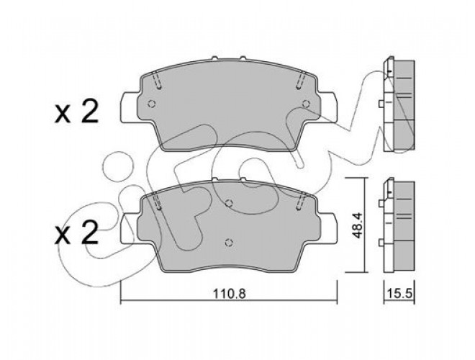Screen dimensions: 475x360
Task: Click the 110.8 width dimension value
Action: (x=229, y=293)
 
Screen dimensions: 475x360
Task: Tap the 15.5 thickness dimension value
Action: (x=400, y=293)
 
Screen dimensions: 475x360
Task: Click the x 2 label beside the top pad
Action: (x=76, y=112)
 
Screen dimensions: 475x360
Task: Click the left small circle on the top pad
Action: (x=152, y=104)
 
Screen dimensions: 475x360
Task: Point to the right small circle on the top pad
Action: (x=307, y=104)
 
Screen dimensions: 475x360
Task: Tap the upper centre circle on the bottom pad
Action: (x=230, y=203)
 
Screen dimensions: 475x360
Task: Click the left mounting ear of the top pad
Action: (x=130, y=107)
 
